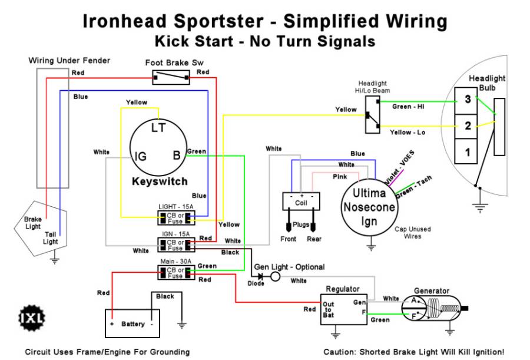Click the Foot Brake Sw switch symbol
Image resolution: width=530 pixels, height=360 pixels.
[171, 77]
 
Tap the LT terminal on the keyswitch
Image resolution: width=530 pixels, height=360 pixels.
[158, 127]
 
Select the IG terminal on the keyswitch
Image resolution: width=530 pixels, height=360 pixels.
[141, 156]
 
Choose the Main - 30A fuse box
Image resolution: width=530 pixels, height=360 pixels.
[176, 272]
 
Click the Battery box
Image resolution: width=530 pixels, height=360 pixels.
[132, 323]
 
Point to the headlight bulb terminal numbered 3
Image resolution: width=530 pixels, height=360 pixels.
[468, 100]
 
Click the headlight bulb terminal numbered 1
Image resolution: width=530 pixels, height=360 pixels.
[468, 153]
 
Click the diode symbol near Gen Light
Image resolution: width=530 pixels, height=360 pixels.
[259, 276]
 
